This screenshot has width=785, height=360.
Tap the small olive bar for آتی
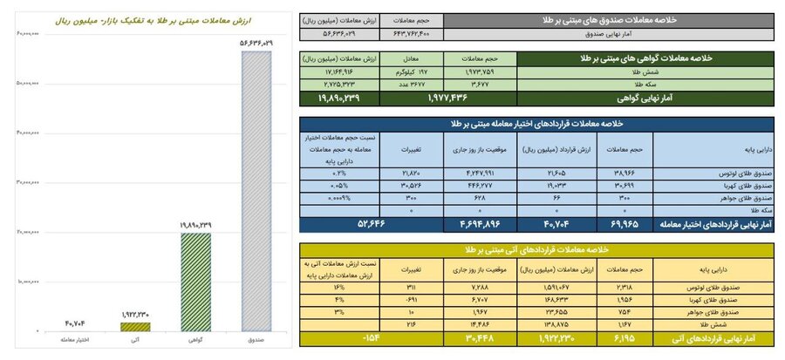coord(134,327)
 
